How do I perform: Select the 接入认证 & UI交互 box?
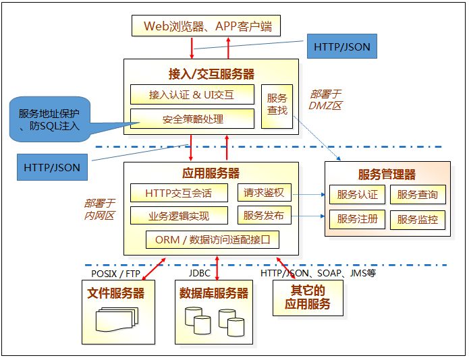point(192,94)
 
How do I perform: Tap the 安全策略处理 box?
point(192,119)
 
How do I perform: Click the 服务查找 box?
point(277,104)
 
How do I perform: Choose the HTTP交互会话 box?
point(178,193)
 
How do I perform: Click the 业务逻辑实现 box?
point(178,216)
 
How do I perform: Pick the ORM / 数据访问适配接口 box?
point(212,239)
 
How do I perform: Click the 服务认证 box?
point(358,196)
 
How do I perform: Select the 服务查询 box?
point(417,196)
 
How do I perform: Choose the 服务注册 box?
point(358,219)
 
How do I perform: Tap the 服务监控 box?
point(417,219)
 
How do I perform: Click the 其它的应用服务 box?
point(307,297)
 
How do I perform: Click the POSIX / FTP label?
point(115,274)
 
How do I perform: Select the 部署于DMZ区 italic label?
point(326,99)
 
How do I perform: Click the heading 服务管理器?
point(387,175)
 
